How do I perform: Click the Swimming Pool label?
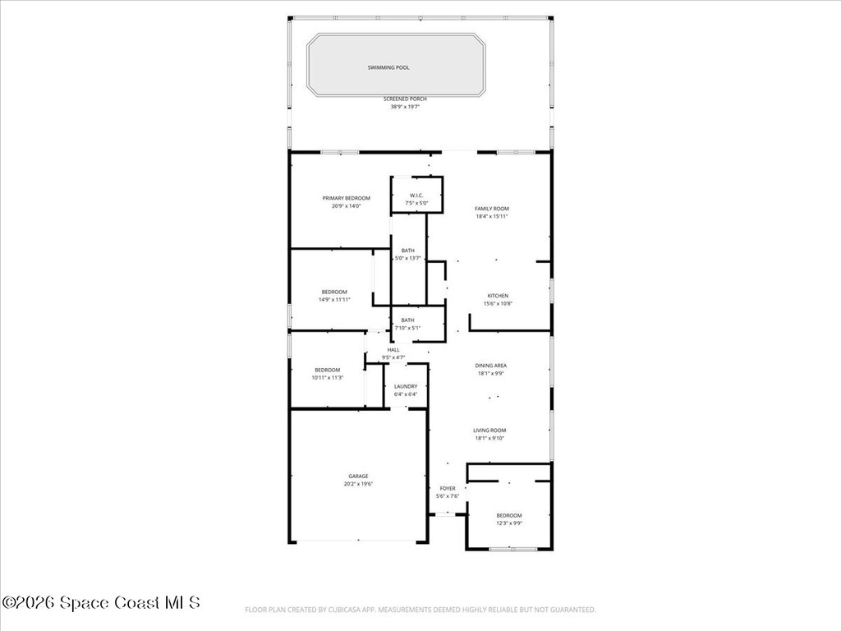tap(388, 67)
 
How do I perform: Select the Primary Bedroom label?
tap(346, 198)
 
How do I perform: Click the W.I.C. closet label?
tap(416, 195)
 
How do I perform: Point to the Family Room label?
tap(491, 209)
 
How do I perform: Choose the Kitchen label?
tap(498, 296)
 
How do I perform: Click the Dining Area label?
tap(490, 366)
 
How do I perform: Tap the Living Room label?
tap(489, 431)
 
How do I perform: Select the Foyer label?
tap(447, 489)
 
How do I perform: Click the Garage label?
tap(358, 477)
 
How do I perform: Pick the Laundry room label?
tap(406, 386)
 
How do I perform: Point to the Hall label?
tap(393, 350)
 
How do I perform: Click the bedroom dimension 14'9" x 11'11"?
tap(334, 300)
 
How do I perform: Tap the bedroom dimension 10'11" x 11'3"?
tap(327, 378)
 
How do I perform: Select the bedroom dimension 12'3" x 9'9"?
tap(508, 523)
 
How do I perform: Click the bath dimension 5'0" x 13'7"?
tap(407, 258)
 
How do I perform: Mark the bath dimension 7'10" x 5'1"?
tap(407, 329)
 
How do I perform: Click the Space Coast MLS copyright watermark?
tap(101, 603)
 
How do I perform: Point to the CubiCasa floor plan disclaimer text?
tap(420, 610)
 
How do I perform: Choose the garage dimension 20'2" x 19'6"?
tap(358, 485)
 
